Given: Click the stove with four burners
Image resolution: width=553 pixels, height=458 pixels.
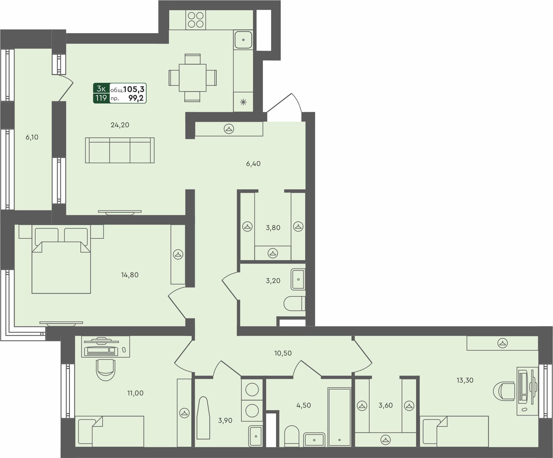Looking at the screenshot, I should point(196,20).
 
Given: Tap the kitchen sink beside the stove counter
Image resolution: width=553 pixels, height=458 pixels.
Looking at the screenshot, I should point(243,40).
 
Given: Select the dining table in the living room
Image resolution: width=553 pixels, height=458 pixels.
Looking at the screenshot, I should point(192,78).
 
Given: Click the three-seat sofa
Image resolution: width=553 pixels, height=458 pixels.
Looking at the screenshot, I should point(120,151).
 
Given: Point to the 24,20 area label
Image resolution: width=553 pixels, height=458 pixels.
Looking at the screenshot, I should point(120,125).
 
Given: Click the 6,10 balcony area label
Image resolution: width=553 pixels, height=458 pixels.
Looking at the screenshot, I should point(32,137).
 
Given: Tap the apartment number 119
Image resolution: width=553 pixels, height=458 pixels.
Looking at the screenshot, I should point(101,98).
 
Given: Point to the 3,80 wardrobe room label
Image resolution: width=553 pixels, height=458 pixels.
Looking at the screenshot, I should point(273,228).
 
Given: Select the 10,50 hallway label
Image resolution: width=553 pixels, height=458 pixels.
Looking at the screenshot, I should point(283,353).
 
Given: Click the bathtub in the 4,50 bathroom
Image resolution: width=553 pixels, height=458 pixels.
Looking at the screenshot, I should point(339,417).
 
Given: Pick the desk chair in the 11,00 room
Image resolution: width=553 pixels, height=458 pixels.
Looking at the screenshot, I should point(105,370).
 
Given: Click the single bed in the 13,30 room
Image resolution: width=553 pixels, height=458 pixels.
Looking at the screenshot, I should point(454,431).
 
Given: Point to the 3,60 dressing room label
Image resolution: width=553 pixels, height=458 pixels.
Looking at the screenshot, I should point(386,405).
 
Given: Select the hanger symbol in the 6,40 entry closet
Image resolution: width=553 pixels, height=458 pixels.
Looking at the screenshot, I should point(229,129).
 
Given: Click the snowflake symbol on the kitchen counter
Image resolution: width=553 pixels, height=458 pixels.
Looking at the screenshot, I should point(243,102).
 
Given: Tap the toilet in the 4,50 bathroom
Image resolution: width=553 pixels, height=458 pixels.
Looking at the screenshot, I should point(291,436).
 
